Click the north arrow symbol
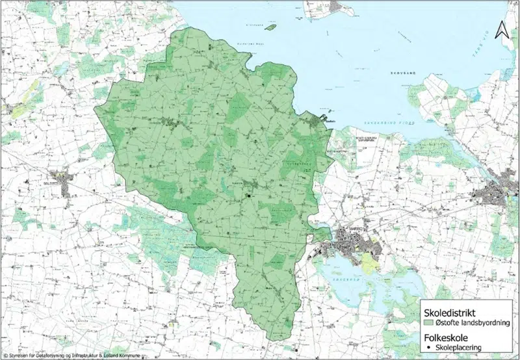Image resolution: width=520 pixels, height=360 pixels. pyautogui.click(x=500, y=29)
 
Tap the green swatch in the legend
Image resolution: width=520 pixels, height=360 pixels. pyautogui.click(x=429, y=322)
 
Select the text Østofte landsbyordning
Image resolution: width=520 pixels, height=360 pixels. pyautogui.click(x=472, y=322)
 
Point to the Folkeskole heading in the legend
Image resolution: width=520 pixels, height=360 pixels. pyautogui.click(x=448, y=337)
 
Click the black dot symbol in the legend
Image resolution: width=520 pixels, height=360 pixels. pyautogui.click(x=429, y=348)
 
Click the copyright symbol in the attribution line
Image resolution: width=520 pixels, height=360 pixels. pyautogui.click(x=6, y=355)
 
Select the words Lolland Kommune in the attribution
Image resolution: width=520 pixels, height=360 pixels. pyautogui.click(x=122, y=355)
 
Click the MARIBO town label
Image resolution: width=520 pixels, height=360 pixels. pyautogui.click(x=346, y=229)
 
